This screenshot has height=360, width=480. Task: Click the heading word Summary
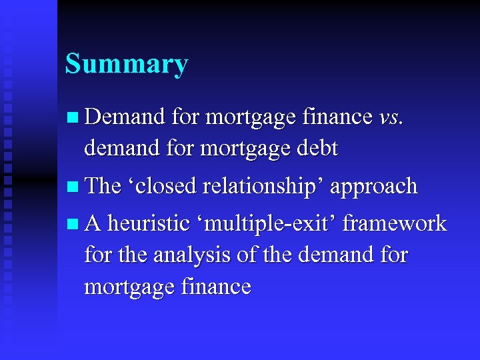click(x=127, y=65)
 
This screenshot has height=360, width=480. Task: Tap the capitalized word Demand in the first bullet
click(x=125, y=117)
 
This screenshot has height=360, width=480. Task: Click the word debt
click(x=317, y=148)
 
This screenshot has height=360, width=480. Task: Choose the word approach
click(x=373, y=186)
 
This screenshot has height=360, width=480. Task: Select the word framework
click(x=395, y=223)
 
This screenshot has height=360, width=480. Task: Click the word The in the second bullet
click(x=103, y=186)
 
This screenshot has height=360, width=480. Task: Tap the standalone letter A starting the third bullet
click(x=93, y=223)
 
